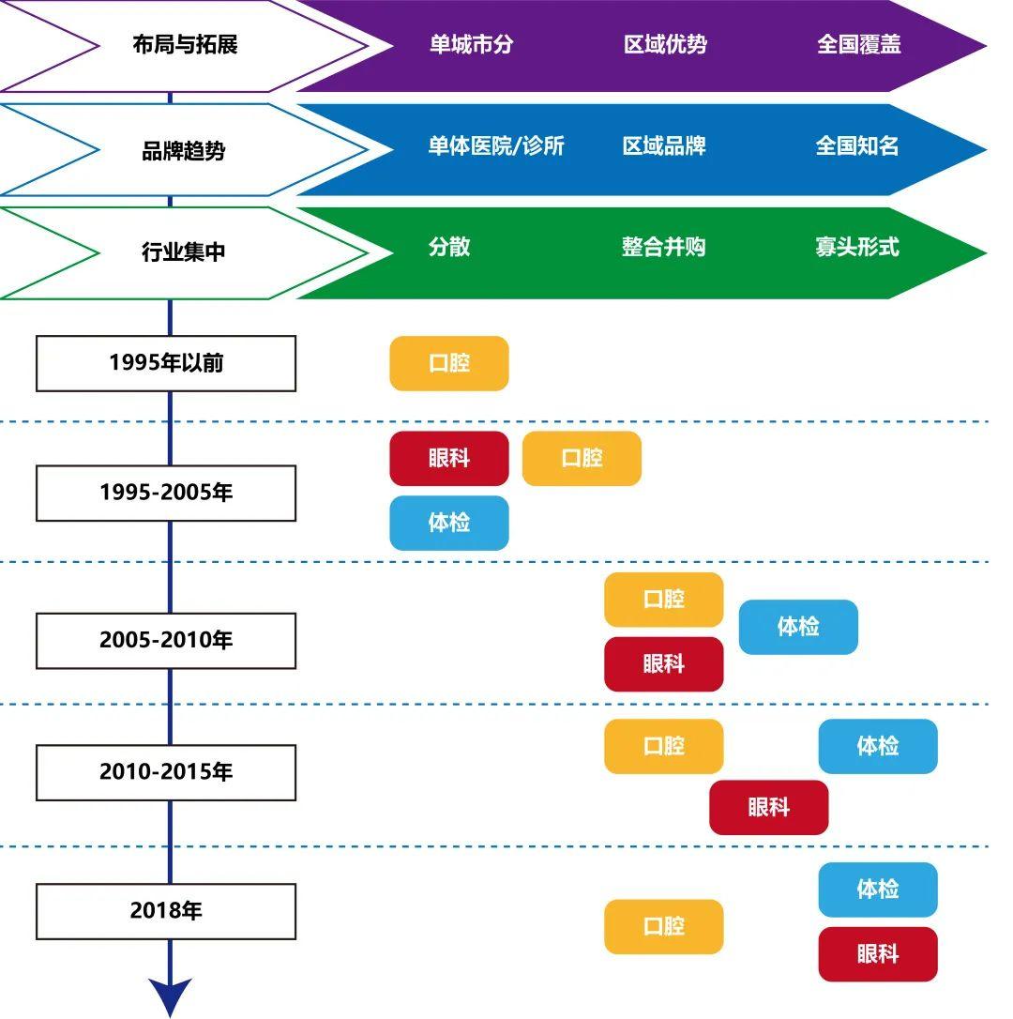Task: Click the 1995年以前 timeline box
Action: point(166,363)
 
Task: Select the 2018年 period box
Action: point(166,911)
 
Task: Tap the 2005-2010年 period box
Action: point(166,641)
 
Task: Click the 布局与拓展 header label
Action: point(185,45)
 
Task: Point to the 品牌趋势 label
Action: point(184,151)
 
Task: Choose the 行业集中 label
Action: point(184,251)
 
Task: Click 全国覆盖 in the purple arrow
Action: point(859,44)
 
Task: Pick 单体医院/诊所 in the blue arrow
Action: point(496,145)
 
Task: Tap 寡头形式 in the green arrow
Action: point(857,247)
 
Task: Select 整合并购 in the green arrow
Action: point(663,247)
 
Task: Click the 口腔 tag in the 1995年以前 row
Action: point(449,363)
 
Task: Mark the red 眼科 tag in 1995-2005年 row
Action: point(449,458)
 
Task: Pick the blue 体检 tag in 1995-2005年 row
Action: point(449,524)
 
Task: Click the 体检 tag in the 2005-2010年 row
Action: point(798,627)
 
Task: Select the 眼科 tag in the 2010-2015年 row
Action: point(769,808)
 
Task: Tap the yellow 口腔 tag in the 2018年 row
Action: point(663,927)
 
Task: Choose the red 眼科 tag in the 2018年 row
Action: point(878,954)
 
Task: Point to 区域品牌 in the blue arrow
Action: point(664,145)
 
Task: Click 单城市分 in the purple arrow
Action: point(471,44)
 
